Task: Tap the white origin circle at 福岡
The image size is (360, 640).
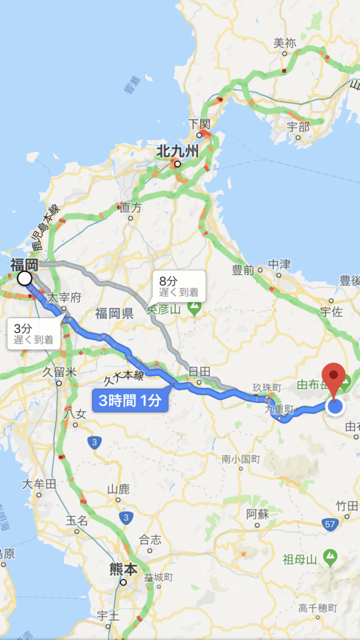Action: coord(24,278)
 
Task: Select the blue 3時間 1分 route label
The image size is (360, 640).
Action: coord(130,399)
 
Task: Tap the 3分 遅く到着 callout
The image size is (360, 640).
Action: coord(33,334)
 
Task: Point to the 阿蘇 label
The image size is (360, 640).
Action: coord(257,514)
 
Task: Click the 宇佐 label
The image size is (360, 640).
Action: coord(331,311)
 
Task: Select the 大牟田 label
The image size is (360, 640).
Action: coord(39,484)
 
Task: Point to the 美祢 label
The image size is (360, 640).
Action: coord(284,43)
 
